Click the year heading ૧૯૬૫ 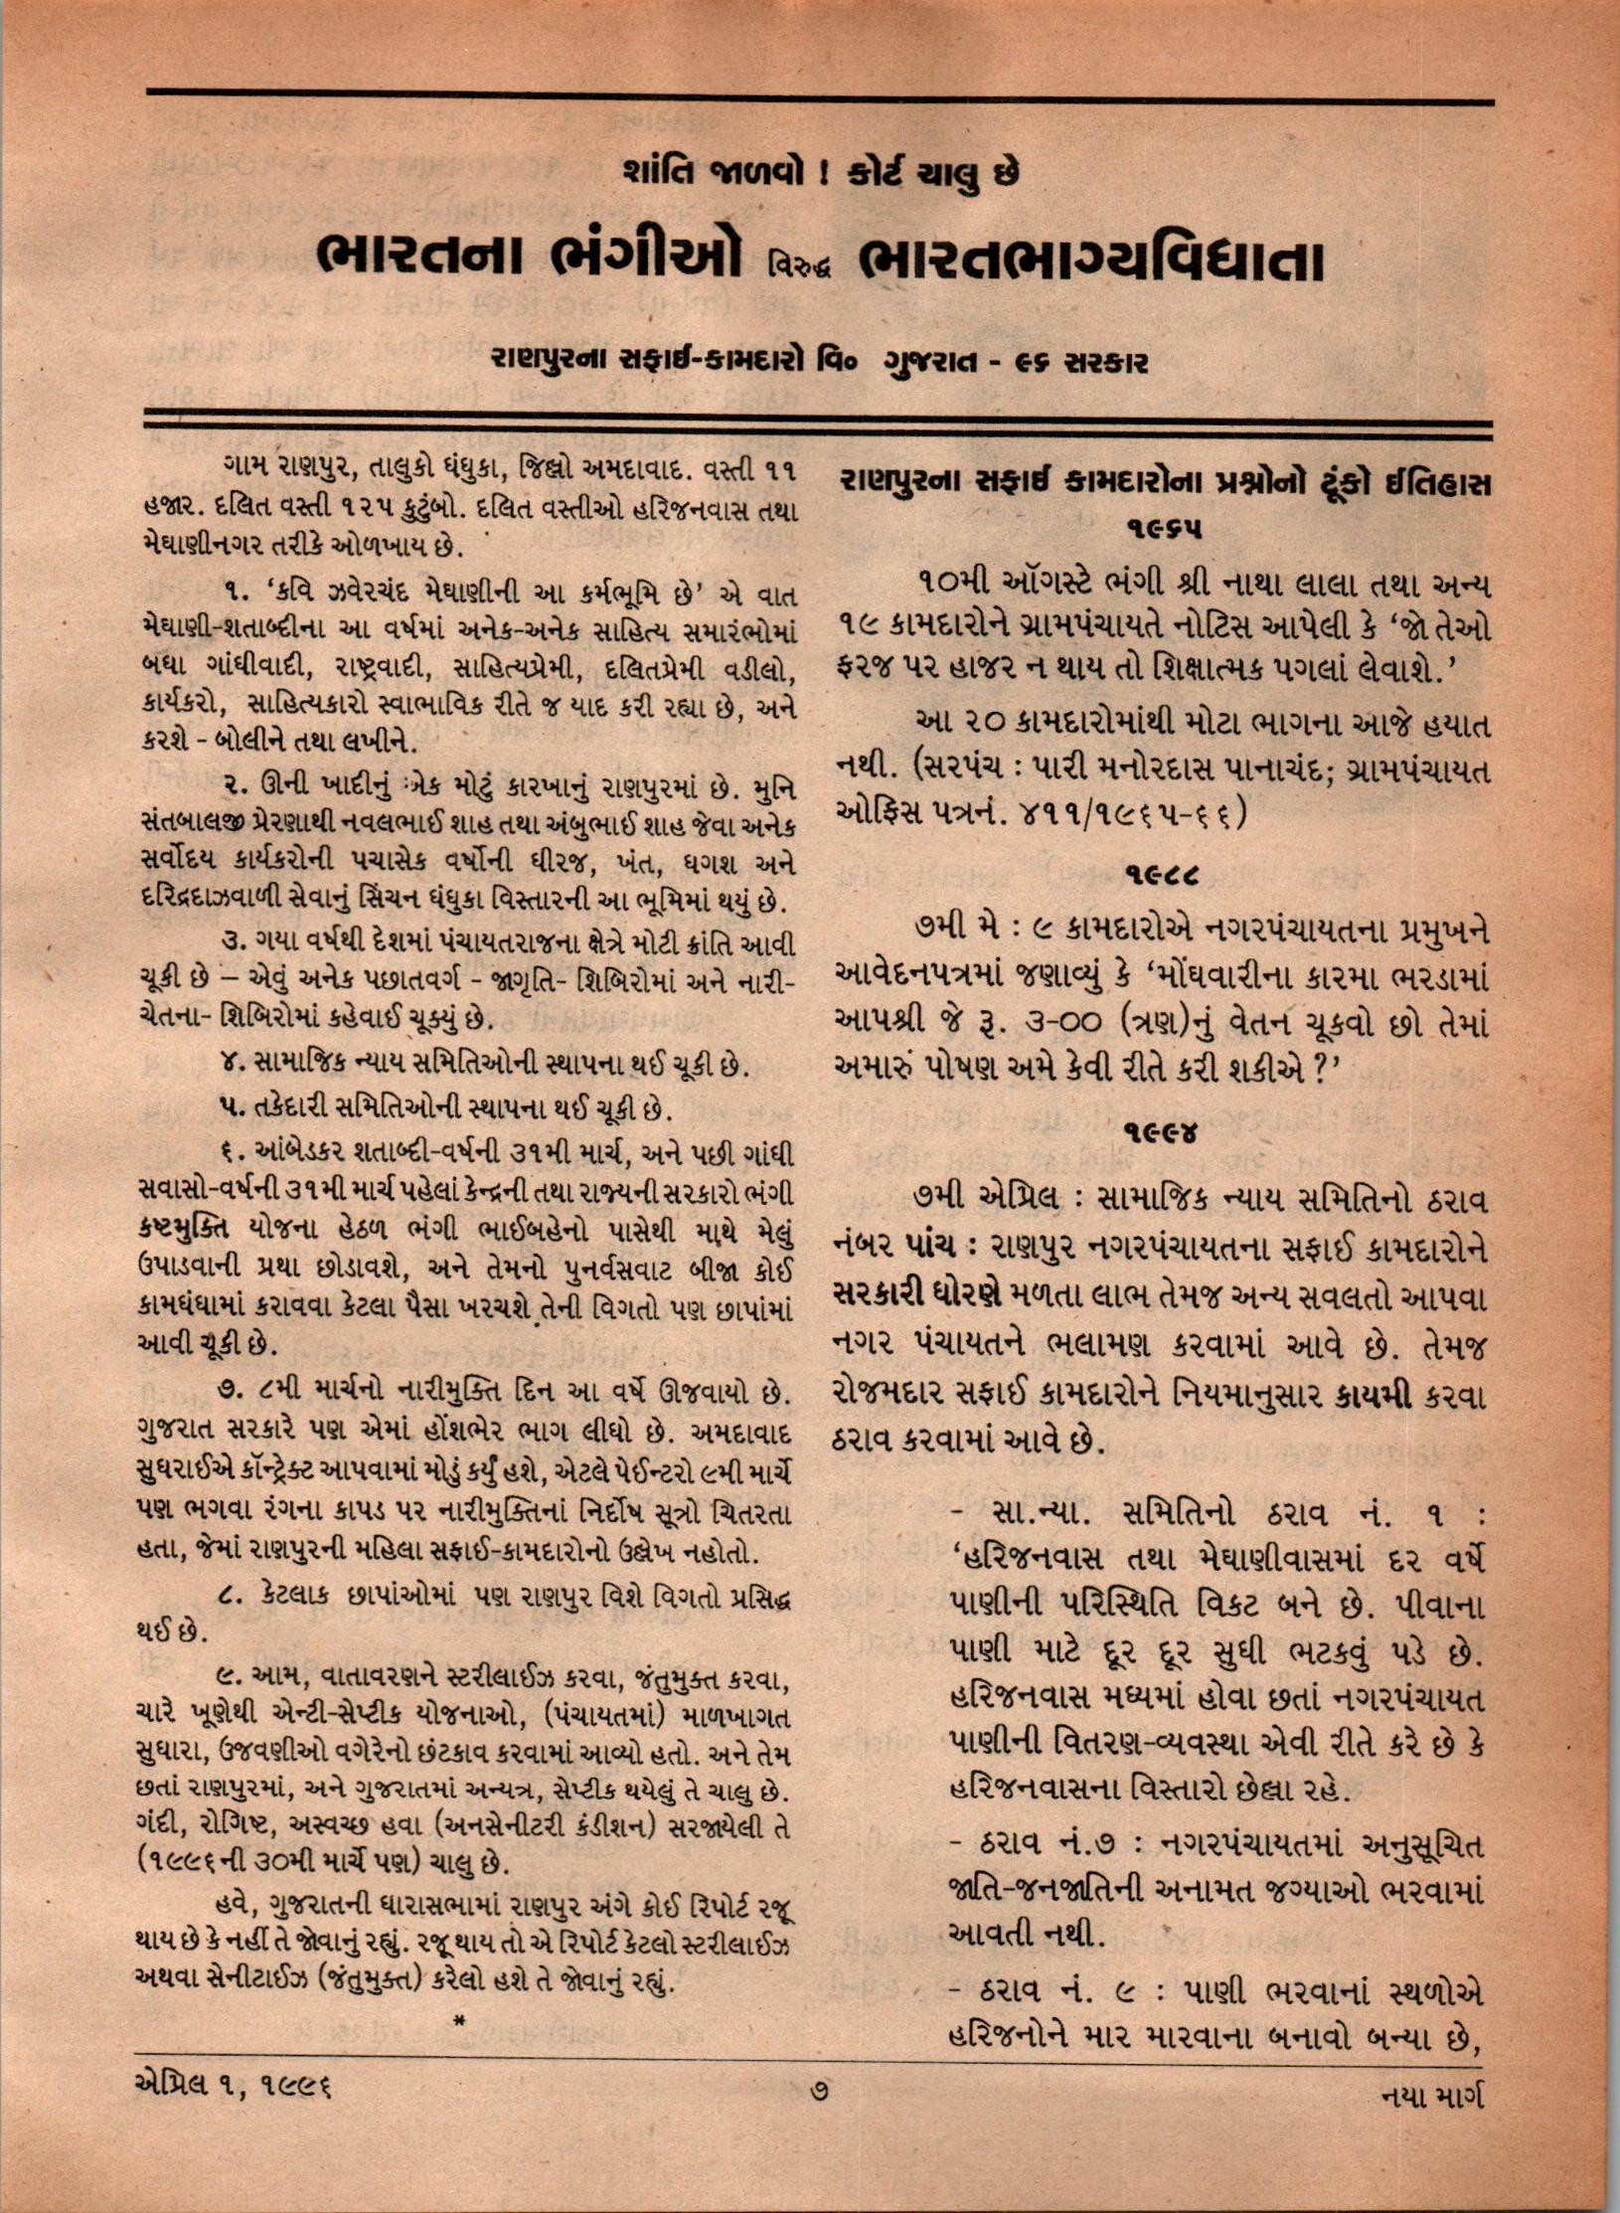(x=1165, y=530)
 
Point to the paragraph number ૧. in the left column (x=232, y=594)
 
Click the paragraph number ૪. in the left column (x=232, y=1066)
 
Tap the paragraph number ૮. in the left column (x=231, y=1594)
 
